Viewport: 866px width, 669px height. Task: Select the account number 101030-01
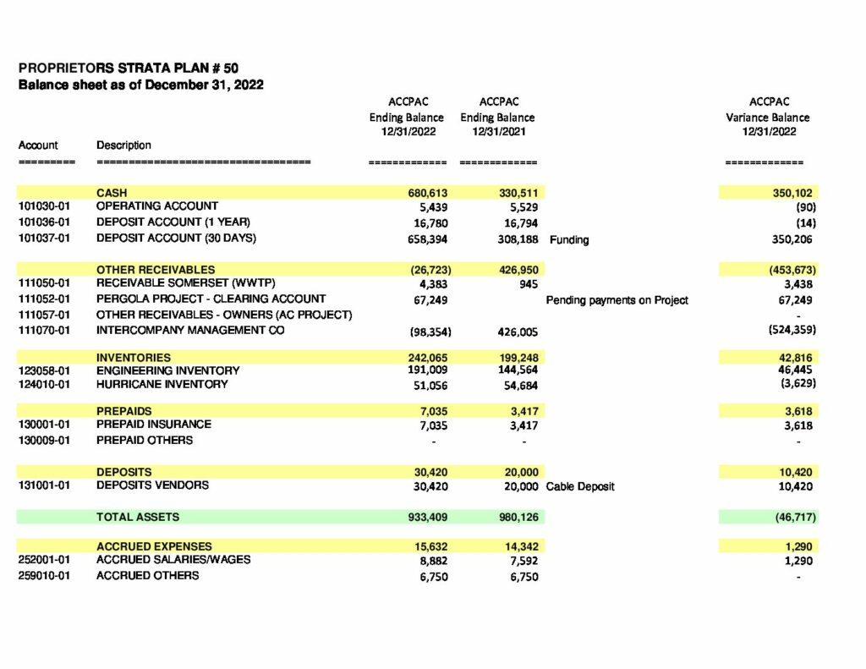[x=44, y=206]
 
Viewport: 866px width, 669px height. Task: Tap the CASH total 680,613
[x=427, y=194]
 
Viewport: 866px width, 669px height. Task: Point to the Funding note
[x=569, y=240]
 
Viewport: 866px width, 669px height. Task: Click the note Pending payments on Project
[x=617, y=300]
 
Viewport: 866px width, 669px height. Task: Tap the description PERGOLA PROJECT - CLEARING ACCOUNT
[x=211, y=299]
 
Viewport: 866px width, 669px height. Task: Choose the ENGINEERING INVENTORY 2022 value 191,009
[x=428, y=370]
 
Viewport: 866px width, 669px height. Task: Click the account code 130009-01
[x=44, y=440]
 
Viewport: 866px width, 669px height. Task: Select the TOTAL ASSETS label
[x=138, y=516]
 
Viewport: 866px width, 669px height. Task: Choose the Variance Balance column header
[x=767, y=118]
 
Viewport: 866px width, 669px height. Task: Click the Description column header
[x=123, y=145]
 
